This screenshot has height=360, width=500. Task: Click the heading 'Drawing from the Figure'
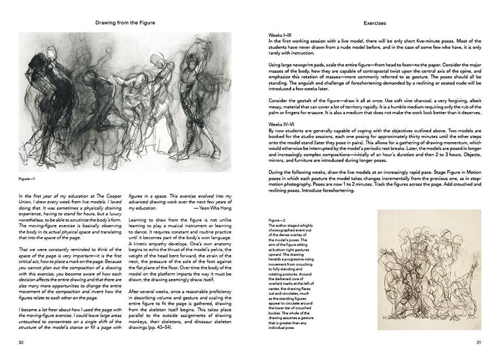coord(125,23)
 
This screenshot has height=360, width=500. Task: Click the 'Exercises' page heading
coord(374,23)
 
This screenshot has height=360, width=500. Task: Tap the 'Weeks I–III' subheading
coord(280,35)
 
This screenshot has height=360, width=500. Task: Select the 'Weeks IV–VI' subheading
coord(281,123)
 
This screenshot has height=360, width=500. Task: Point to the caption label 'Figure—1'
coord(26,179)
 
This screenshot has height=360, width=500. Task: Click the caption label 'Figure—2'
coord(277,220)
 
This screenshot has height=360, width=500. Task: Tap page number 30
coord(21,342)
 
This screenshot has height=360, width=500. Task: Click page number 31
coord(478,342)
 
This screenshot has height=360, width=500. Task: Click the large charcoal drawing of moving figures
coord(125,102)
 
